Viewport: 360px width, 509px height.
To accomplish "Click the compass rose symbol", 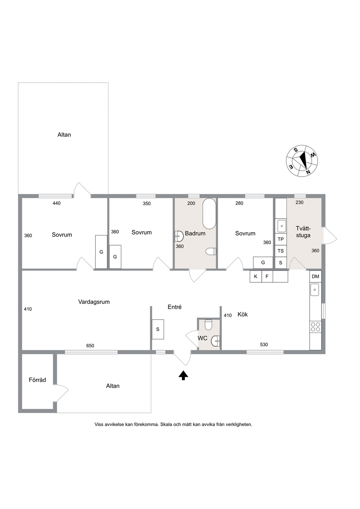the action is [x=302, y=161].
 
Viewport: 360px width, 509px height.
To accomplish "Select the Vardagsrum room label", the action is [x=94, y=302].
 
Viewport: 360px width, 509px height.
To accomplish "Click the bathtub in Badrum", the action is [x=209, y=214].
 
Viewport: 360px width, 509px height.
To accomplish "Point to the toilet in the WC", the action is [x=208, y=325].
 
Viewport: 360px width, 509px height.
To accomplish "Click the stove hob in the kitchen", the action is [x=315, y=327].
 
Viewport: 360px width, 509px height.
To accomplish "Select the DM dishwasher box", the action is [x=315, y=276].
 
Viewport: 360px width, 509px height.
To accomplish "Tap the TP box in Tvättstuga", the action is [x=281, y=239].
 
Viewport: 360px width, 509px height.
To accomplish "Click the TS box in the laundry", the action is [x=281, y=251].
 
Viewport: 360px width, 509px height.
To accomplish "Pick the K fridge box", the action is [x=256, y=276].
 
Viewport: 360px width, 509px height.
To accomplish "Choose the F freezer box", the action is [x=267, y=276].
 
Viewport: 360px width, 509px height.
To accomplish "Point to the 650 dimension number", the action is [x=90, y=346].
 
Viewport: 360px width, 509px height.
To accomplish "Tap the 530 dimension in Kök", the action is [x=264, y=345].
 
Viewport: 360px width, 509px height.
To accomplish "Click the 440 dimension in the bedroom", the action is [x=57, y=203].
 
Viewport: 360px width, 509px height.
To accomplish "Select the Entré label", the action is [x=175, y=307].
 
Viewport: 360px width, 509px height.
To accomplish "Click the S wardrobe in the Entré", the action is [x=158, y=329].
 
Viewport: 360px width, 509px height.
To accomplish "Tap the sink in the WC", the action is [x=216, y=341].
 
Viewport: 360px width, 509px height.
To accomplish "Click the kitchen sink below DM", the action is [x=315, y=290].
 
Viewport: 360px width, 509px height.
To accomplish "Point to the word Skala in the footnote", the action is [x=166, y=424].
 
